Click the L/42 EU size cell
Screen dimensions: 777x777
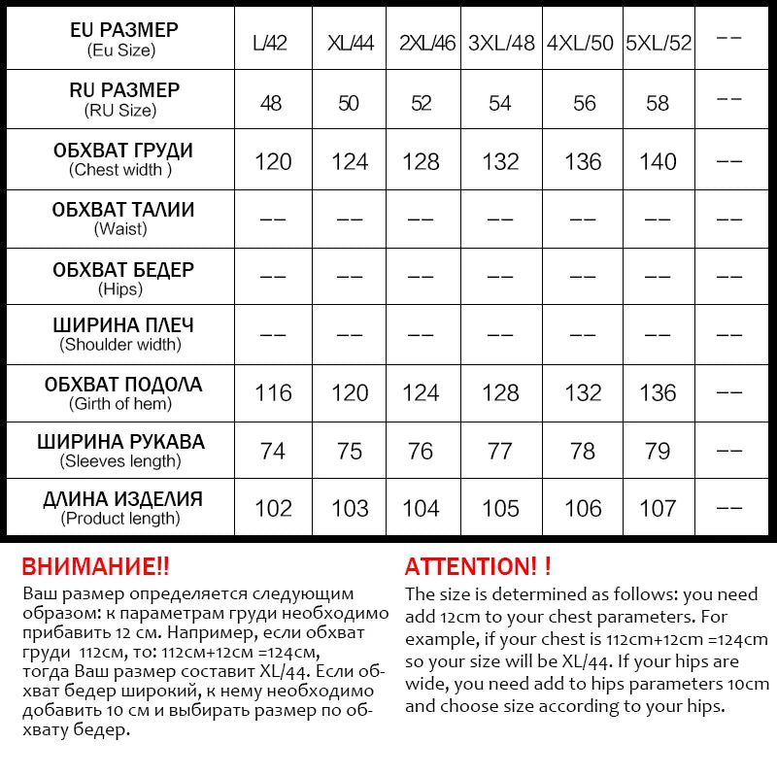[272, 44]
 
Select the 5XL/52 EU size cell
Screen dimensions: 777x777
[659, 44]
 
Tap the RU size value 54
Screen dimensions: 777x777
[500, 103]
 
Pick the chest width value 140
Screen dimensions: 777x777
[659, 161]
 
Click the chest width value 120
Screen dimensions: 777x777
[273, 161]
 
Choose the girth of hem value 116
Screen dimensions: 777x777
[273, 392]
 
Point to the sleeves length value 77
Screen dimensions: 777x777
[500, 451]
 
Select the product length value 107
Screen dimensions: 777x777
[659, 508]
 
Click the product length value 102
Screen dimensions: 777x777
[273, 508]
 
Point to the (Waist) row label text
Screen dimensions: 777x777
[120, 229]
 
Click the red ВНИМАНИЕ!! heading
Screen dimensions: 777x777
[95, 567]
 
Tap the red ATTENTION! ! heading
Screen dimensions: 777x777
[478, 567]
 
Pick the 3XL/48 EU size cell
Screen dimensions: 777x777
[501, 44]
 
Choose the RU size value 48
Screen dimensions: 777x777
[272, 103]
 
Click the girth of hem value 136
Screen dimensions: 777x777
[659, 392]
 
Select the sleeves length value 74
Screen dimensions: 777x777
[273, 451]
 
